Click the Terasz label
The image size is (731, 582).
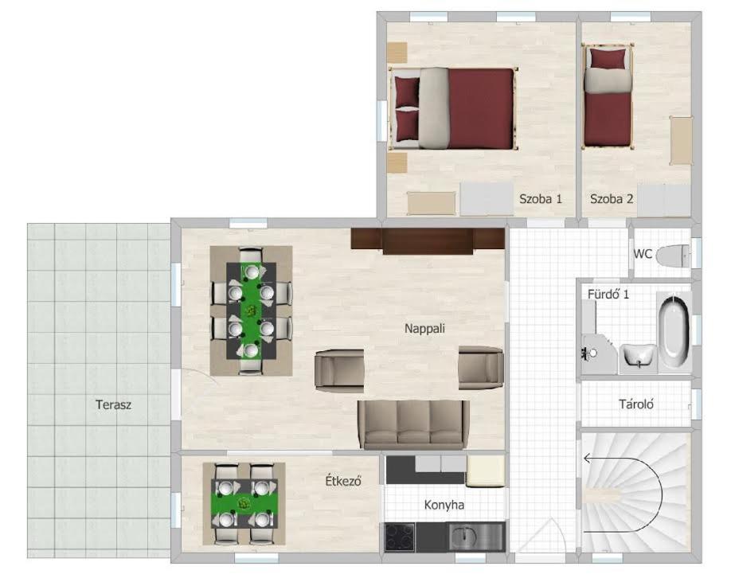coord(113,404)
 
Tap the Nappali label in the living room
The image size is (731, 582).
coord(424,329)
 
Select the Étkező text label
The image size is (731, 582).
coord(343,481)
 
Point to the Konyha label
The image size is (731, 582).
coord(444,505)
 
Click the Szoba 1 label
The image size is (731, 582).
coord(541,199)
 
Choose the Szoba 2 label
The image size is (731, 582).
coord(612,199)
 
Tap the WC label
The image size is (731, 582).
coord(643,255)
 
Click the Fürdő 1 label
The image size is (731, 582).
coord(608,295)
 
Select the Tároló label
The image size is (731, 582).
coord(636,404)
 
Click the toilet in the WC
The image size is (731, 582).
coord(672,256)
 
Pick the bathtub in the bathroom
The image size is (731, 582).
coord(674,332)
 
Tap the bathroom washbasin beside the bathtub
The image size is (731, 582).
coord(638,357)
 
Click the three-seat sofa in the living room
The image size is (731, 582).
coord(412,424)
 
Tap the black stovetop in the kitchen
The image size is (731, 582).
coord(400,537)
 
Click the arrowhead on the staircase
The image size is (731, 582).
coord(588,459)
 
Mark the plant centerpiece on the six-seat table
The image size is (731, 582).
coord(252,310)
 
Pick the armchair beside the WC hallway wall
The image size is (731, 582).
coord(481,368)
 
